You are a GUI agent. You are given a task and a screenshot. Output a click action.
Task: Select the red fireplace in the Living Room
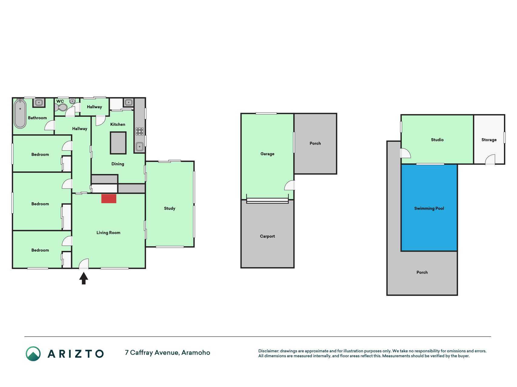coord(109,199)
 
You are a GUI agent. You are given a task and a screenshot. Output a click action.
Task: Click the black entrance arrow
coord(84,278)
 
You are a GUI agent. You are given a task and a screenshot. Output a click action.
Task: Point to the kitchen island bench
coord(118,143)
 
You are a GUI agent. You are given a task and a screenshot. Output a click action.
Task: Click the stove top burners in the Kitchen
coord(140,131)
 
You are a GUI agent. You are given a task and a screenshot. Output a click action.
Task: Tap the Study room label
coord(170,208)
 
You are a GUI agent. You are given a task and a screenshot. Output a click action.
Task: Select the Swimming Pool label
coord(429,208)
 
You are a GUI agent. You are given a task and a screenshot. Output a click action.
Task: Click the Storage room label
coord(489,140)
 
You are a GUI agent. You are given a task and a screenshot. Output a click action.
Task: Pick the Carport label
coord(267,236)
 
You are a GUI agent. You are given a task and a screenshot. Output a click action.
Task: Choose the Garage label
coord(267,154)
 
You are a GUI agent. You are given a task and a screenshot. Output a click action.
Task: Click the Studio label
coord(437,140)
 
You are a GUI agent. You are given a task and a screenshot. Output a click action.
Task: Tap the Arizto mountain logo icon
coord(33,354)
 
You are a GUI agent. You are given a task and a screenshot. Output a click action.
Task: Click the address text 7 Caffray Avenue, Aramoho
coord(167,353)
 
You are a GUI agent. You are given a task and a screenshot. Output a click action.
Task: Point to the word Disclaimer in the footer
coord(268,351)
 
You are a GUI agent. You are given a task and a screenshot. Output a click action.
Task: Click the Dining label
coord(118,164)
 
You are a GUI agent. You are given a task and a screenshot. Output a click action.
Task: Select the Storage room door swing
coord(490,160)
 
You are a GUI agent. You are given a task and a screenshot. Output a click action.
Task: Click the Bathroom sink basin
coord(39,102)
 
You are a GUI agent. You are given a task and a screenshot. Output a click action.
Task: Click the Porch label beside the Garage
coord(315,143)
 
